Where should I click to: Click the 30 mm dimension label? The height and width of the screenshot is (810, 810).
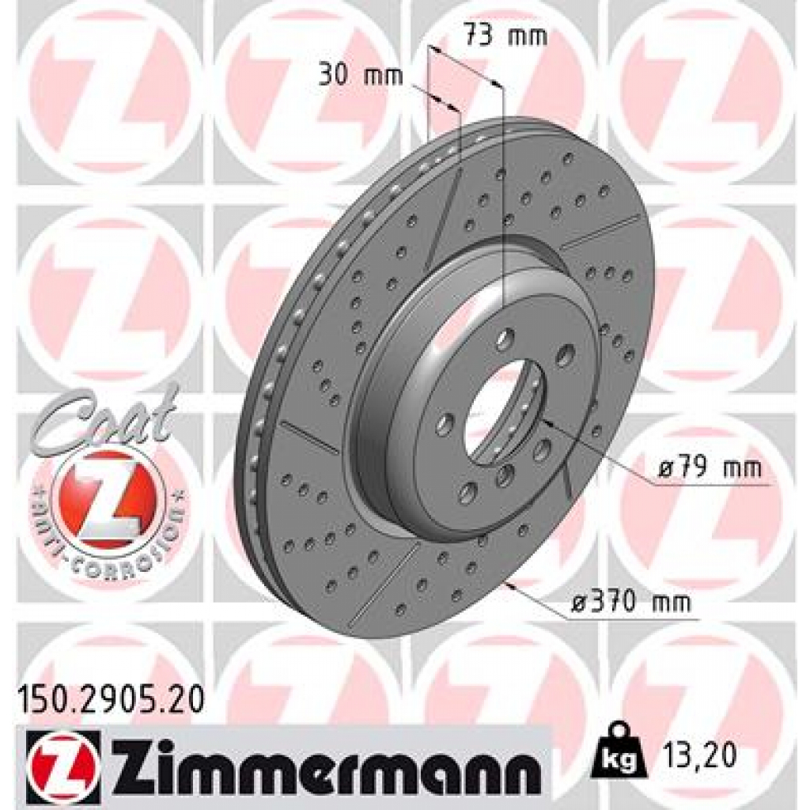click(361, 75)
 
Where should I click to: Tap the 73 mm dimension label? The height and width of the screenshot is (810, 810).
click(504, 36)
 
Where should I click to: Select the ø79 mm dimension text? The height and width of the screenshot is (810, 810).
click(709, 467)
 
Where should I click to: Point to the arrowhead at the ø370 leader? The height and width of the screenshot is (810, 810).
click(514, 586)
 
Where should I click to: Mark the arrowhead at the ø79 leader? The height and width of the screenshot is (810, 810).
click(544, 421)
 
